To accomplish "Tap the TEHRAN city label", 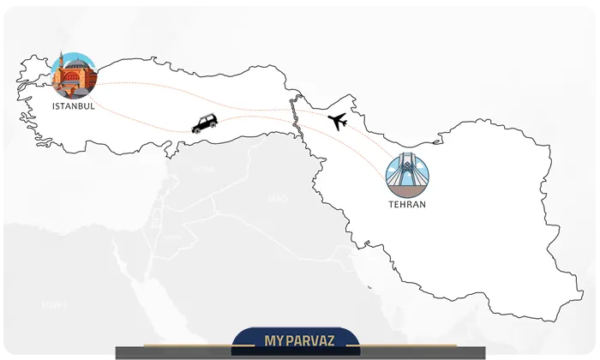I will click(x=406, y=205).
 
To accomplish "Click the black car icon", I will click(x=205, y=123).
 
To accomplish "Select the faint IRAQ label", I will click(x=276, y=199).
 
